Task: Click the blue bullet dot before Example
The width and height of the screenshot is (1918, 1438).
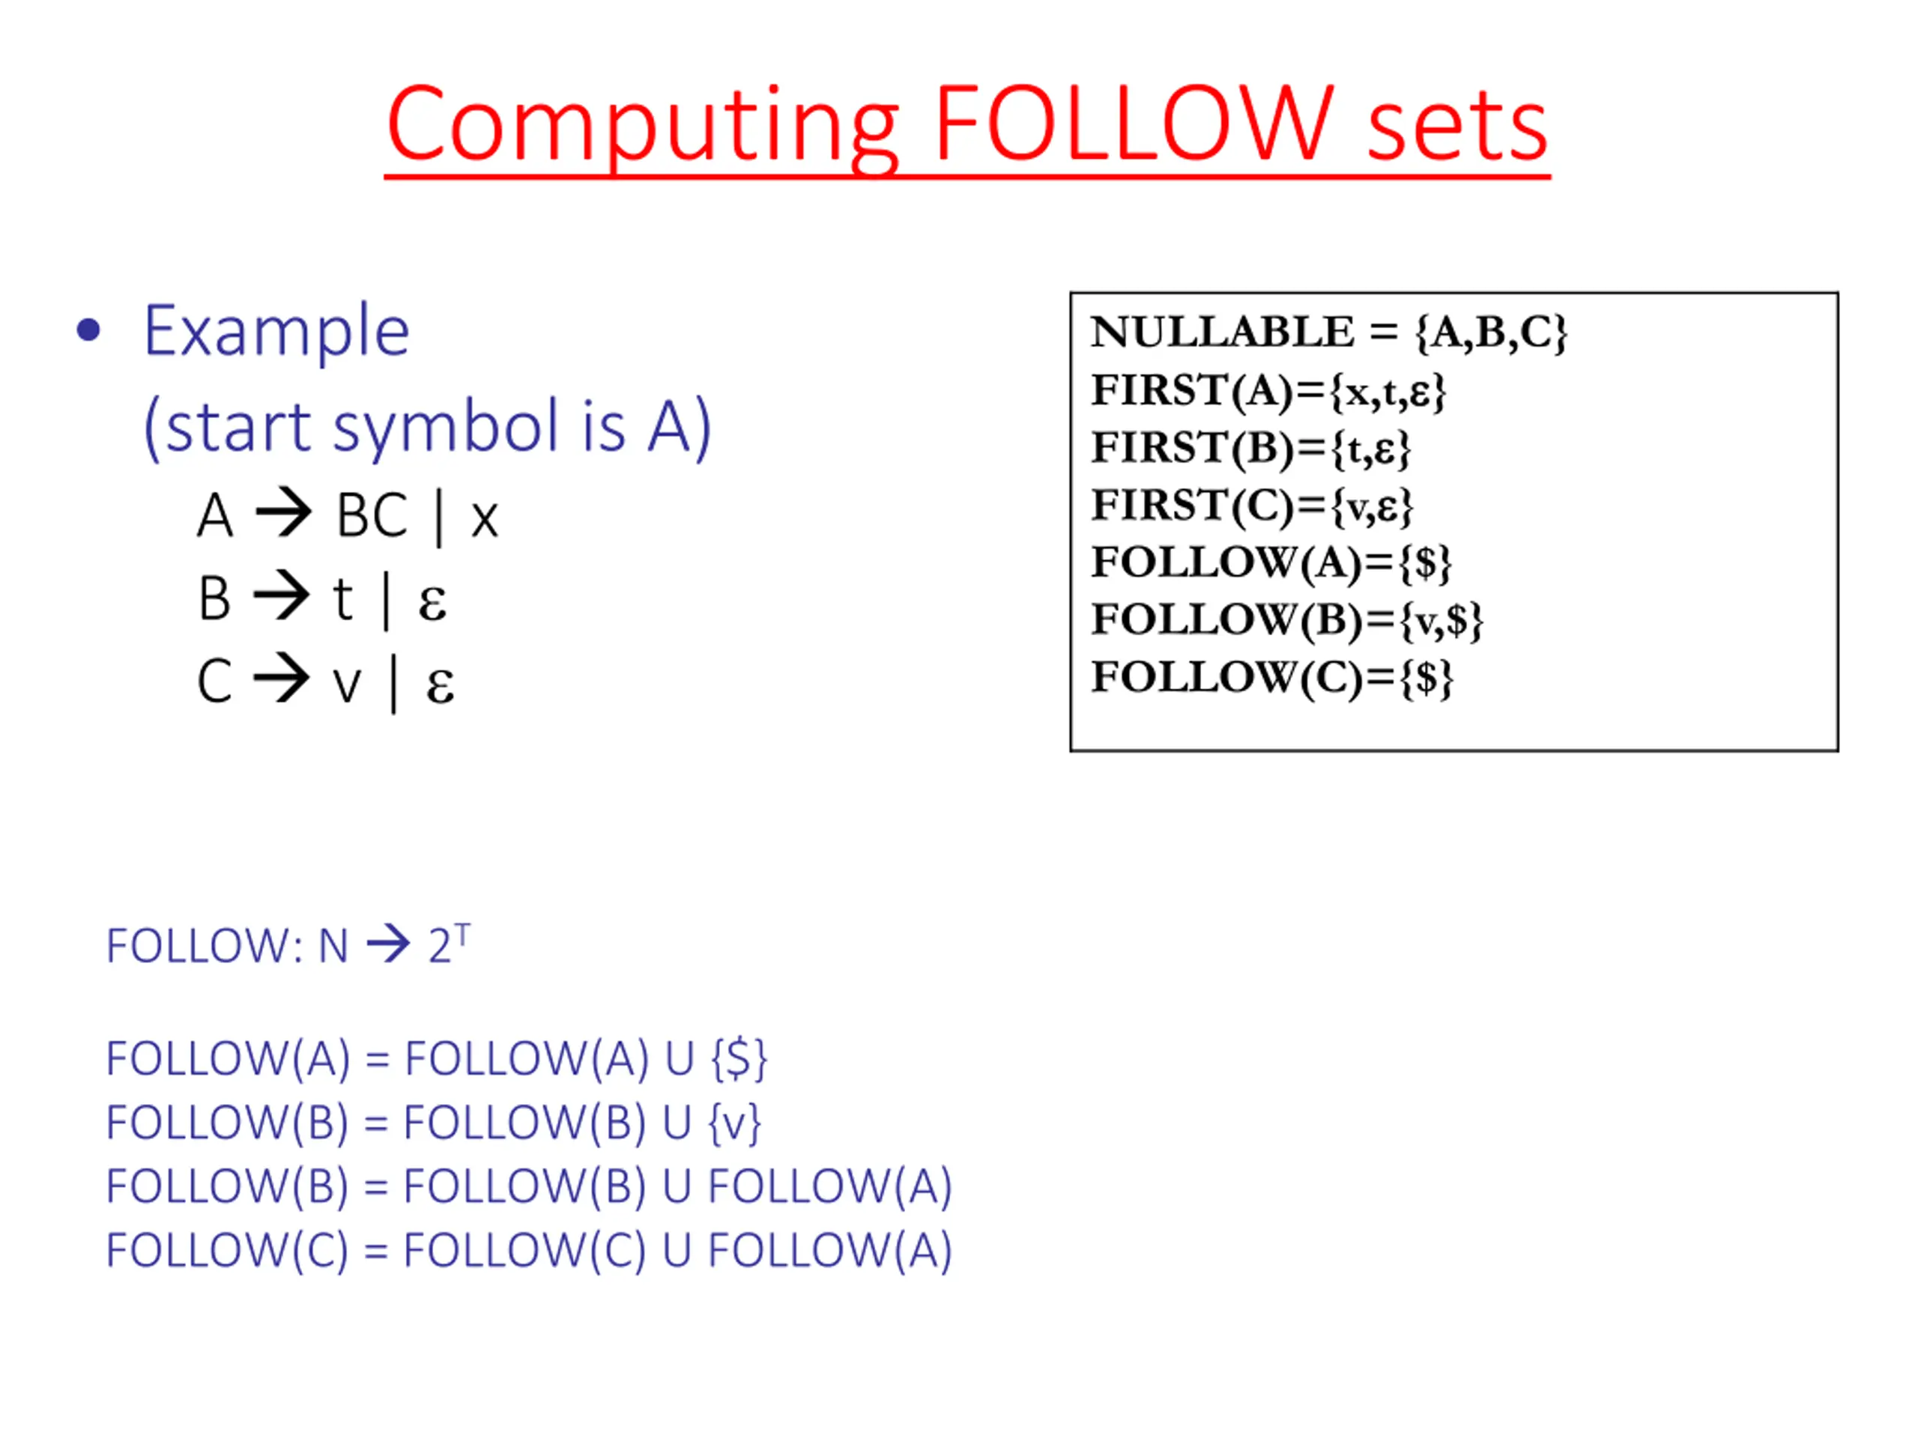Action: coord(88,330)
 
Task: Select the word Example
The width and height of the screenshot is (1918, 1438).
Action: coord(276,332)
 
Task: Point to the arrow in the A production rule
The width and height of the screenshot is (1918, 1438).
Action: coord(283,513)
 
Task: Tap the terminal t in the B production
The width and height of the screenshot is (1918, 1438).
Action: coord(343,599)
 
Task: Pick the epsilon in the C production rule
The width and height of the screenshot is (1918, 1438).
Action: coord(440,685)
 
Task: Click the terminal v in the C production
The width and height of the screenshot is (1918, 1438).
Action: coord(347,685)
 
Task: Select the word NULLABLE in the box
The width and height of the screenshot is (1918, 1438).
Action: coord(1222,332)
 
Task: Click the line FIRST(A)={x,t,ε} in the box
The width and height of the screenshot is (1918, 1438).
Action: coord(1268,391)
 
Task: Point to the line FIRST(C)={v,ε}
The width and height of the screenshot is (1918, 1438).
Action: coord(1251,506)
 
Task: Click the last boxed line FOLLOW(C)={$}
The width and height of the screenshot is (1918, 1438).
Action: coord(1271,678)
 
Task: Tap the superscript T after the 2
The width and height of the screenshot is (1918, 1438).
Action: coord(462,932)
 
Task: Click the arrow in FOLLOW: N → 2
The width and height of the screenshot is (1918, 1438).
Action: coord(387,944)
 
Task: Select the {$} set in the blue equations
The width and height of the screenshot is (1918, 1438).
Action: coord(739,1058)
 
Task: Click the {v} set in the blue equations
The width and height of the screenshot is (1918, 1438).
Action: coord(734,1123)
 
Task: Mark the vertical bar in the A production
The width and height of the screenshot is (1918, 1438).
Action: coord(439,518)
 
